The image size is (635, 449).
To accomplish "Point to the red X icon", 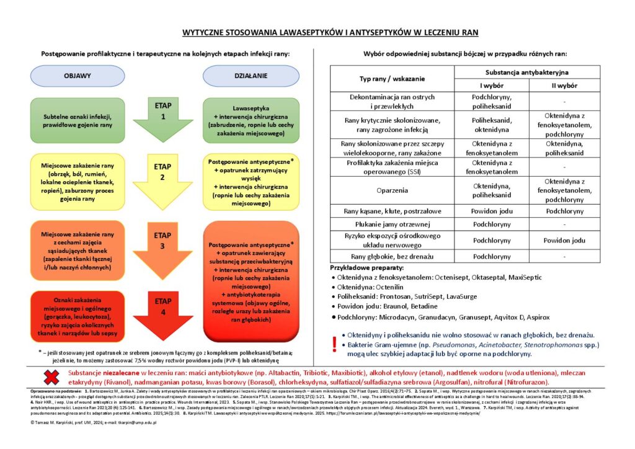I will tap(50, 377).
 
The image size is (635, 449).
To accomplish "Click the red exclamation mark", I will tap(335, 344).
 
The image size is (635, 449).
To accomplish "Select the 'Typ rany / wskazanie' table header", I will tap(393, 79).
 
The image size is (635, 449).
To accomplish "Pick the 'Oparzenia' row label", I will tap(392, 190).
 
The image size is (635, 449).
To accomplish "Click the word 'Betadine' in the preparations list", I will tap(424, 306).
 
